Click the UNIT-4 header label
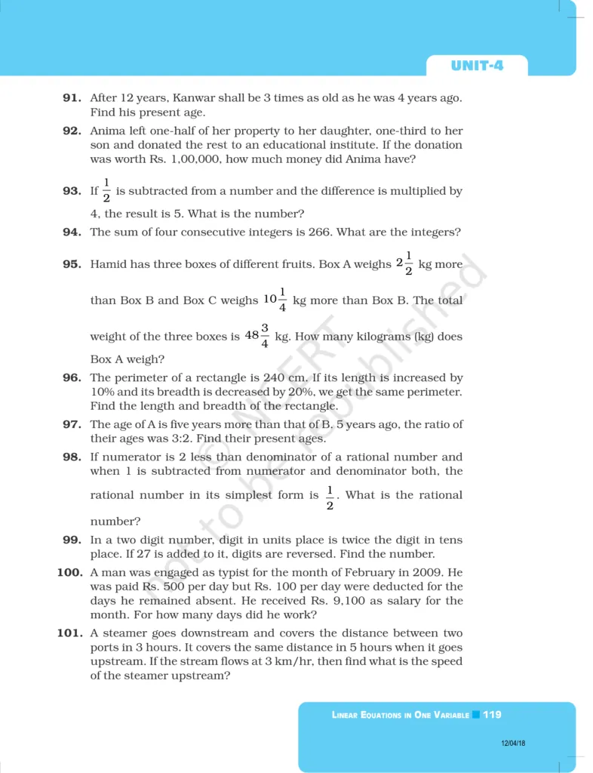[477, 66]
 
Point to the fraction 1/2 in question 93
[106, 192]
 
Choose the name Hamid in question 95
[106, 265]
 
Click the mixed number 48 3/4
[258, 336]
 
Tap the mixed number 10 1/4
[275, 300]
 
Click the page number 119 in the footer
[492, 714]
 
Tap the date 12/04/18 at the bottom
[512, 744]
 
